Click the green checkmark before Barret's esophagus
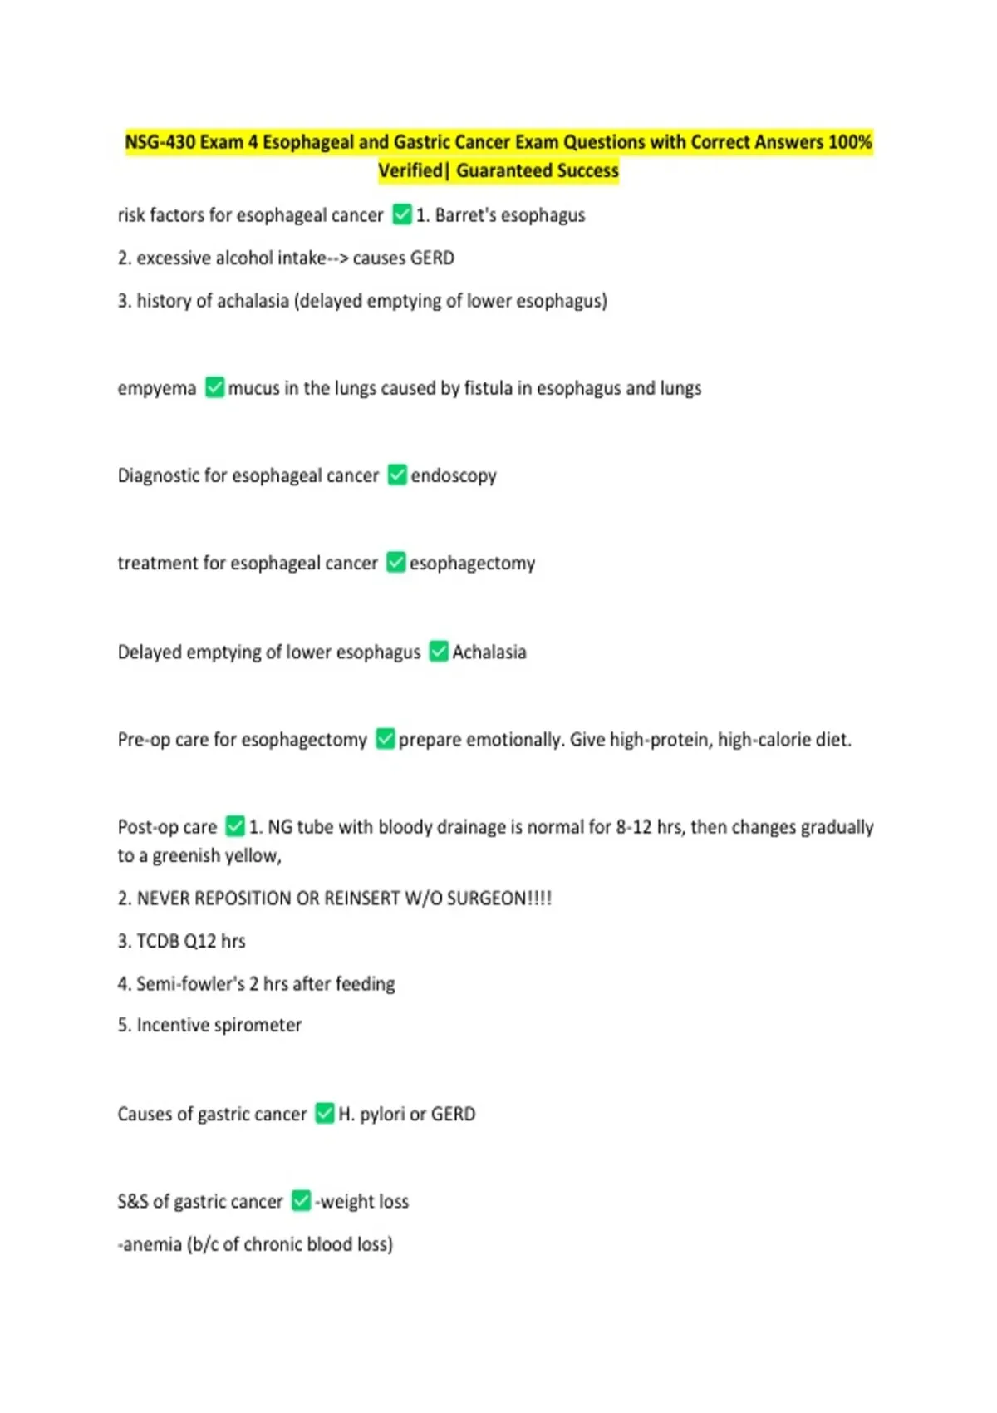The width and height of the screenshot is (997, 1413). point(402,214)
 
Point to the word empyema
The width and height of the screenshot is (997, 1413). point(157,388)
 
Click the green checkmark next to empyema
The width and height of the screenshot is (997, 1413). point(214,387)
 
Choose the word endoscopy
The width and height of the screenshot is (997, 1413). point(454,475)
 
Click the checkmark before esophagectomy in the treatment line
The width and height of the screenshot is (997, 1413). point(396,563)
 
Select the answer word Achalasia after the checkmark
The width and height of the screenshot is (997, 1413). point(489,652)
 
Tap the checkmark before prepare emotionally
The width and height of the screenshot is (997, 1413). point(386,739)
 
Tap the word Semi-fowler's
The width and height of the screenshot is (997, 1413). point(190,983)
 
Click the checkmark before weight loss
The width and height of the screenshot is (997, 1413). point(301,1201)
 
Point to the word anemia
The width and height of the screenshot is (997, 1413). point(152,1244)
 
